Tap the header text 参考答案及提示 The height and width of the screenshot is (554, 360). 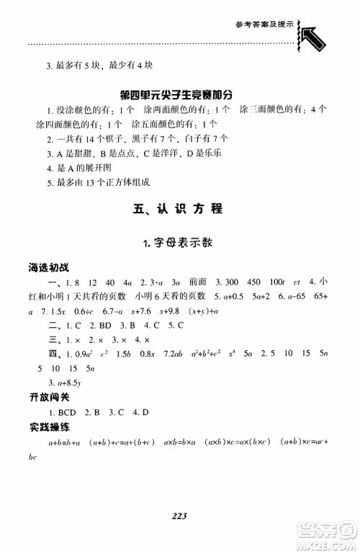(261, 24)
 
